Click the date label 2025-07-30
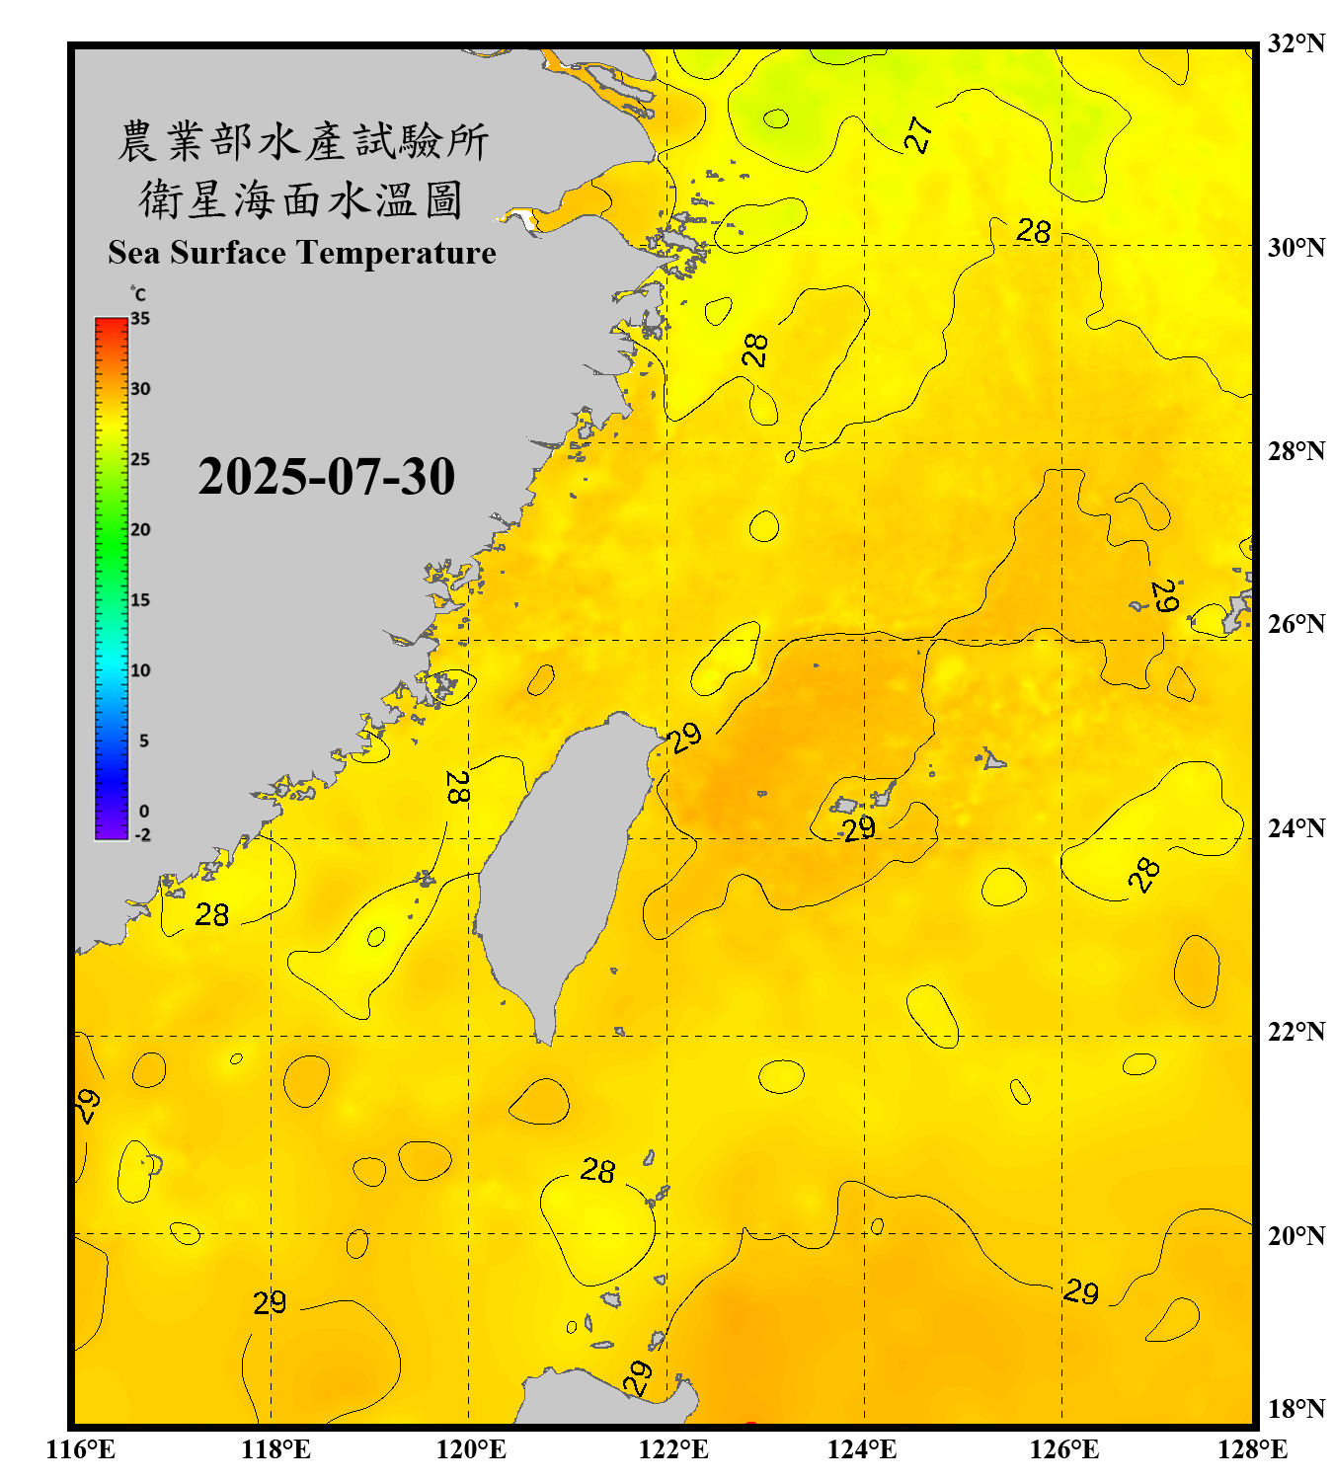(x=326, y=477)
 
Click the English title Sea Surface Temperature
(x=301, y=253)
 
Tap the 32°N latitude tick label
(x=1295, y=43)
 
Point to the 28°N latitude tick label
(x=1295, y=451)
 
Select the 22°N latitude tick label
(x=1295, y=1032)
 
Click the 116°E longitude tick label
(x=81, y=1449)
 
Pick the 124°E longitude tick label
(x=862, y=1449)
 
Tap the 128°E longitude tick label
(x=1252, y=1449)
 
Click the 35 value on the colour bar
(x=140, y=319)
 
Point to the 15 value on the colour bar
(x=140, y=600)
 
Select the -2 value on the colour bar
(x=142, y=835)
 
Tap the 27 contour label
(x=918, y=134)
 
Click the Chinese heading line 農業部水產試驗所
(x=302, y=141)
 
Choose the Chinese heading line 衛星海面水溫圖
(x=301, y=199)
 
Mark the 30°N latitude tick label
(x=1295, y=248)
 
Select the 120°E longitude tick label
(x=471, y=1449)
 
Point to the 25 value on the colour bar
(x=140, y=459)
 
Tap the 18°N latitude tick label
(x=1295, y=1409)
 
